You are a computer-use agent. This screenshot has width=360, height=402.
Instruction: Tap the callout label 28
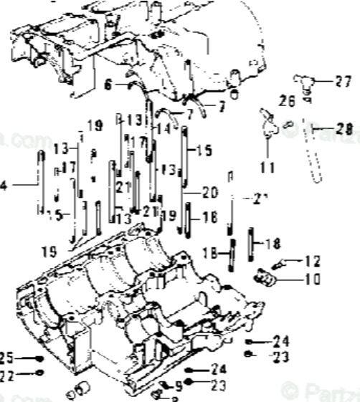point(344,129)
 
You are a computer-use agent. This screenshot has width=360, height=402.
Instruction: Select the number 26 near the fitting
point(287,102)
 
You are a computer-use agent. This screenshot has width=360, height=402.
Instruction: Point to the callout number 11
point(267,168)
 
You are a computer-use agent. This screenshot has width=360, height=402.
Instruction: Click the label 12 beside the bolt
point(313,262)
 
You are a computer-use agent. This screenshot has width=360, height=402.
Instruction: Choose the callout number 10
point(313,279)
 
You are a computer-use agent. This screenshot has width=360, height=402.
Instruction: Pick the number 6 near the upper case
point(108,85)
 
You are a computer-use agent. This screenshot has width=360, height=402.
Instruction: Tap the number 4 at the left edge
point(4,186)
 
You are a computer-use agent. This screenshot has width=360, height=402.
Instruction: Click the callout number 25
point(6,357)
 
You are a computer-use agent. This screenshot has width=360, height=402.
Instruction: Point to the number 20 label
point(209,192)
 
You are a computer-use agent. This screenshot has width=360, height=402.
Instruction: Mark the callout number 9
point(179,386)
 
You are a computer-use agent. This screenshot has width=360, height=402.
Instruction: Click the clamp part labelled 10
point(264,275)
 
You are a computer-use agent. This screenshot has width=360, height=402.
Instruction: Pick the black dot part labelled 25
point(40,358)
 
